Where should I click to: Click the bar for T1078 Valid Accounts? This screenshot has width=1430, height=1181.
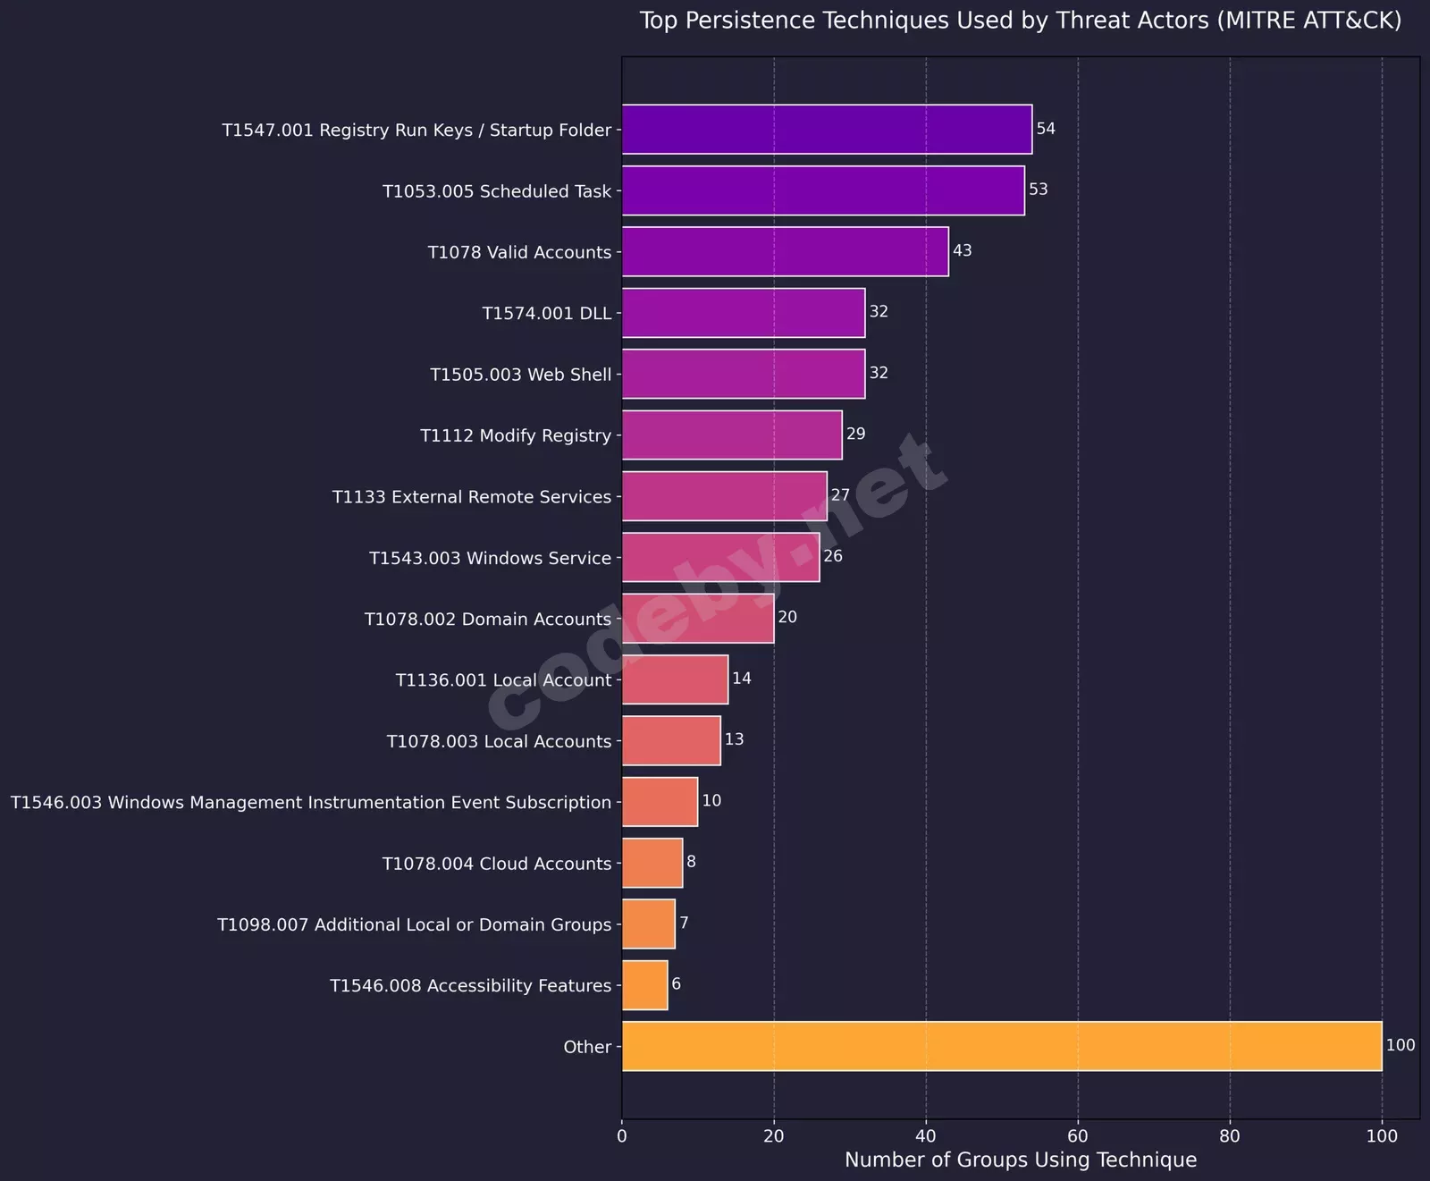click(x=785, y=251)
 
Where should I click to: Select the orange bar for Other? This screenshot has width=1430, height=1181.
click(x=1001, y=1046)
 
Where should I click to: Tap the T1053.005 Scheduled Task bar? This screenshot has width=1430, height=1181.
click(x=822, y=190)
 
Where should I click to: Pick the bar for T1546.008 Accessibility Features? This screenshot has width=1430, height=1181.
click(x=644, y=985)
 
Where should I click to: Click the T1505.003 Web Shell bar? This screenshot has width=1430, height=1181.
click(x=743, y=374)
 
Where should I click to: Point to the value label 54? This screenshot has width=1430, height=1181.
click(x=1046, y=129)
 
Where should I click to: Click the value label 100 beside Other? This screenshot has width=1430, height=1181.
click(x=1401, y=1045)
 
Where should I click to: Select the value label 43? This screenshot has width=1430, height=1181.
click(x=963, y=250)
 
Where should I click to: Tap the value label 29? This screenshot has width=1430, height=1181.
click(x=856, y=434)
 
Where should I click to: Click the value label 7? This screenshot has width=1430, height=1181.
click(x=684, y=923)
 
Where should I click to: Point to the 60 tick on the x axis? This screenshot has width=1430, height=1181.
click(x=1078, y=1136)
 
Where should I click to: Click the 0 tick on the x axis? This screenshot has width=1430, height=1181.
click(x=622, y=1136)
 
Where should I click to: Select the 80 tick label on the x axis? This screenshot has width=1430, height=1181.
click(x=1230, y=1136)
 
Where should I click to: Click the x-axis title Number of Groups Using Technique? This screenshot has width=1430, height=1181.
click(x=1020, y=1160)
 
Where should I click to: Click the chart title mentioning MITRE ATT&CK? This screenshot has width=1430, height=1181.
click(x=1020, y=21)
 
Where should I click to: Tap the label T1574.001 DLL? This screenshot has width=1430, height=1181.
click(x=546, y=313)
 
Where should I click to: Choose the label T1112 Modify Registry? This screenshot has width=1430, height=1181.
click(x=516, y=435)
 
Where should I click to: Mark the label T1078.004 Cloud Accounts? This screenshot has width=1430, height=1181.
click(x=496, y=864)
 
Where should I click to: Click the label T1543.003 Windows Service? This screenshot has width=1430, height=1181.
click(x=490, y=558)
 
